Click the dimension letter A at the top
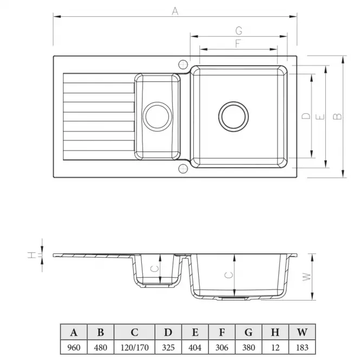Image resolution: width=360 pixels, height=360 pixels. (175, 10)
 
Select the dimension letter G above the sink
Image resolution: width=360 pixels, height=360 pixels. (238, 30)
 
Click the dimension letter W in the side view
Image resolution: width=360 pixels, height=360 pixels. (306, 276)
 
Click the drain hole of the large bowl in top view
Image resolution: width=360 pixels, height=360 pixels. (234, 116)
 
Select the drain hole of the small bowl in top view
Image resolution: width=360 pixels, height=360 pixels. (158, 116)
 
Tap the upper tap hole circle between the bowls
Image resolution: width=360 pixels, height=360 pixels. (183, 63)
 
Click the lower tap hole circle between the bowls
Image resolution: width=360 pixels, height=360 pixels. (183, 168)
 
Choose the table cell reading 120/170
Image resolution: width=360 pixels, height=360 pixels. (134, 347)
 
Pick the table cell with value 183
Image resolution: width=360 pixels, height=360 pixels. (303, 347)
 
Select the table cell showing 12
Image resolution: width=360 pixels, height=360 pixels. (276, 347)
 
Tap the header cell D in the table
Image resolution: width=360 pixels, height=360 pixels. (168, 332)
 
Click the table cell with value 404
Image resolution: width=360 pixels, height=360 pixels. (195, 347)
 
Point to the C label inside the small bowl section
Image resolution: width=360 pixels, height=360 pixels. (154, 268)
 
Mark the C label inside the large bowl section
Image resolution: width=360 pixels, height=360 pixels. (228, 274)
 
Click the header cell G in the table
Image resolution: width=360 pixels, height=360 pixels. (248, 332)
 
